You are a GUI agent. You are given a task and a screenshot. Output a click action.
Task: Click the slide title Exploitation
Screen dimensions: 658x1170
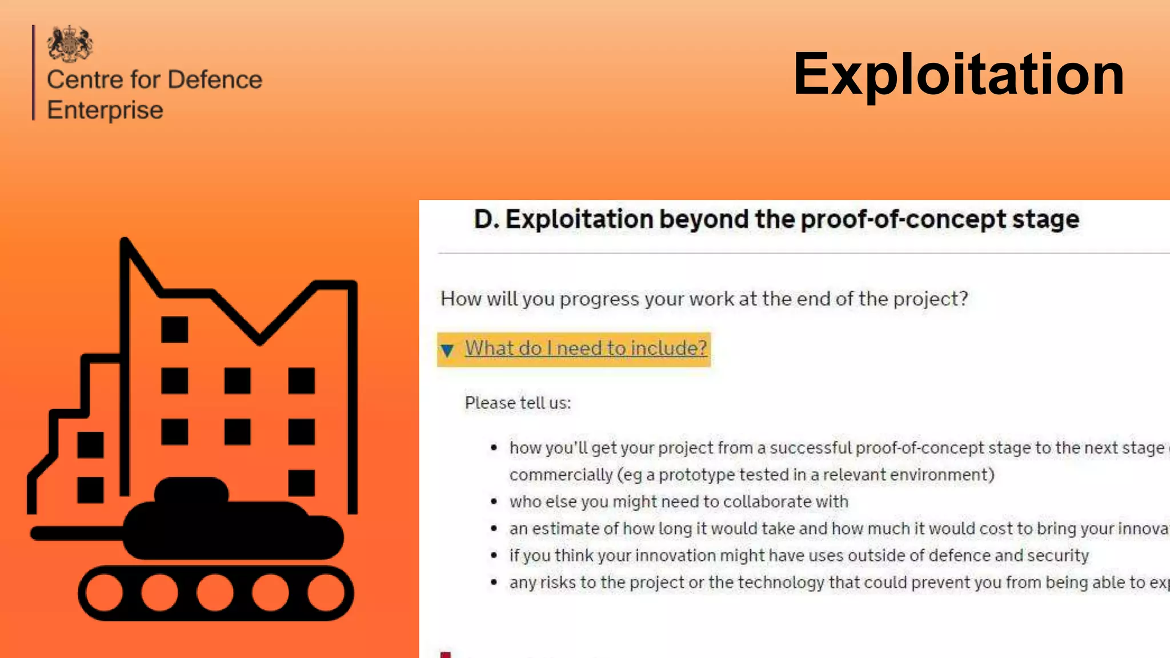958,74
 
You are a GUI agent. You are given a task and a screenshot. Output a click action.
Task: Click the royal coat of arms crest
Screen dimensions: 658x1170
70,43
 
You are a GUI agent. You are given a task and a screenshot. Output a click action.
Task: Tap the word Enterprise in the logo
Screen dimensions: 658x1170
105,110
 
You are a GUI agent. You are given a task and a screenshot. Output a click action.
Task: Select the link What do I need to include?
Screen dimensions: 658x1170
586,348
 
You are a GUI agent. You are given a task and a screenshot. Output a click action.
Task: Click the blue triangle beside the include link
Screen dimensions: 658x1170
447,350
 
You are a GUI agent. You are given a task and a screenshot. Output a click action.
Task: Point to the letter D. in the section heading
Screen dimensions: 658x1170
486,219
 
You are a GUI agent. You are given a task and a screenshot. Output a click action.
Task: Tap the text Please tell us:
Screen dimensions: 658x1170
518,403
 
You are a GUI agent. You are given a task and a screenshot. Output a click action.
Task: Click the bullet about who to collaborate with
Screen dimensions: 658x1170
678,501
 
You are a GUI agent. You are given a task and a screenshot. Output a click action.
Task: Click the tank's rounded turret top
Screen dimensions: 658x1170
191,489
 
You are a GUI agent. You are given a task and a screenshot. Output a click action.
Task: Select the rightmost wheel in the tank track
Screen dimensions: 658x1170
326,592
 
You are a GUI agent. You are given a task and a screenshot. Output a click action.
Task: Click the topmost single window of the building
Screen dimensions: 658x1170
174,329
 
